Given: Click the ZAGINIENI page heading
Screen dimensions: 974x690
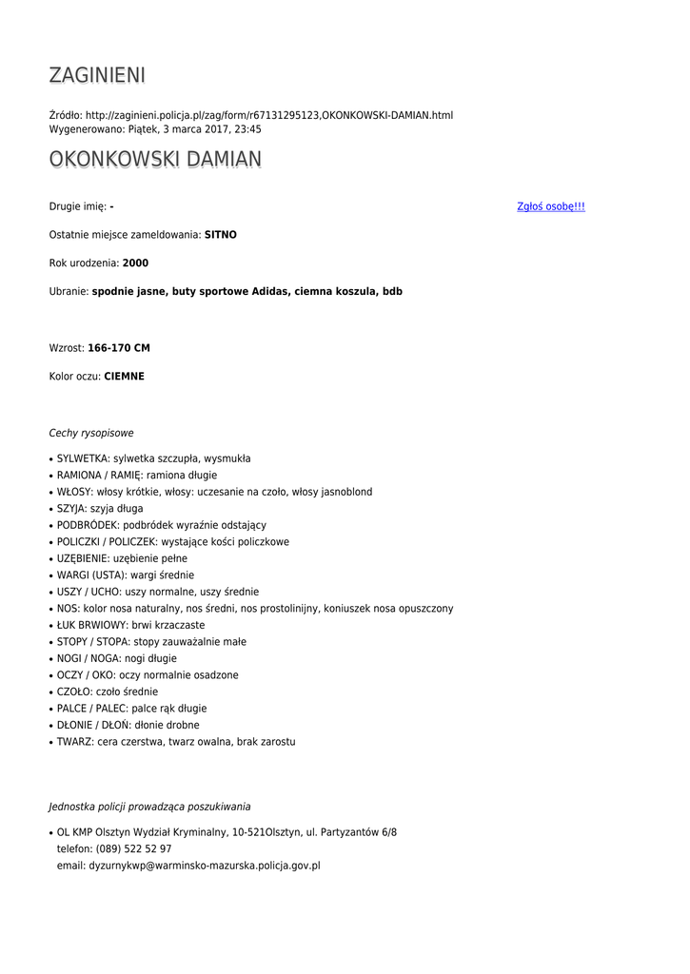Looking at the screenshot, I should (x=97, y=75).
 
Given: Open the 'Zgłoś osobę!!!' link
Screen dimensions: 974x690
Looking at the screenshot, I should (x=550, y=206).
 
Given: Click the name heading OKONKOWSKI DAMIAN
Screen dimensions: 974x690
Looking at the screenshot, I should (x=155, y=159).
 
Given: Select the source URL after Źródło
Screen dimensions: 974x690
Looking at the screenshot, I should (x=269, y=115).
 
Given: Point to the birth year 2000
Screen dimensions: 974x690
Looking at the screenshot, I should (x=135, y=263).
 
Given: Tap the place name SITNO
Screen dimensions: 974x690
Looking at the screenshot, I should (x=220, y=234).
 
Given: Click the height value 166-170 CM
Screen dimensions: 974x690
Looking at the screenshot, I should (x=118, y=348).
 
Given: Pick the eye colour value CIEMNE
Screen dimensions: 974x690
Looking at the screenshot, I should (x=124, y=377).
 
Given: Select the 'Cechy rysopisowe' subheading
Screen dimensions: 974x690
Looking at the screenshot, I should (x=91, y=433).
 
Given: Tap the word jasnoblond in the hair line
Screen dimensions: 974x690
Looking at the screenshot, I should (x=346, y=492).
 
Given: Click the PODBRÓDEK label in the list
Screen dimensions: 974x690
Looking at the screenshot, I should (x=86, y=525).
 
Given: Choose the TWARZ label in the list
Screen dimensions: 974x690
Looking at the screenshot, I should (x=74, y=742).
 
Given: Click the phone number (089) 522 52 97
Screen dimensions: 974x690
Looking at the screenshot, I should (x=133, y=849).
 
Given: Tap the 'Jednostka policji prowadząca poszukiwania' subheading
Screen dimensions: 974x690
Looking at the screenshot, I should (x=149, y=807).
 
